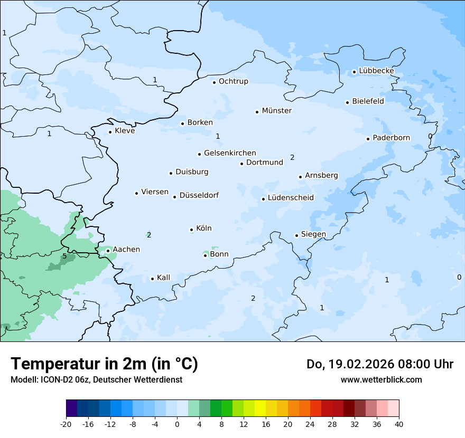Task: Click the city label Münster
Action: point(277,111)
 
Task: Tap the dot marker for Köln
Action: point(192,230)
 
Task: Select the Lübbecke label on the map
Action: point(376,71)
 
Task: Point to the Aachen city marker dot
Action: point(108,251)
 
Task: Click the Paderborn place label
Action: point(391,138)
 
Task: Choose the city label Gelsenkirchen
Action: point(230,153)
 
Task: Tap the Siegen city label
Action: point(313,234)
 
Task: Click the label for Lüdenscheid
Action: point(291,198)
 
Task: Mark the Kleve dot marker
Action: point(110,132)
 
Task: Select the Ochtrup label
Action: point(233,81)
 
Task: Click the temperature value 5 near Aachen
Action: point(64,256)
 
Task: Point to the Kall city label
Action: point(163,278)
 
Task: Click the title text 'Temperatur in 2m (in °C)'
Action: point(104,364)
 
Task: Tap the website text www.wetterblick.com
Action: point(381,379)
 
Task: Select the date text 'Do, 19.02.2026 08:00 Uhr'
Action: point(379,364)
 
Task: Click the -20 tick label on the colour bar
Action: point(66,424)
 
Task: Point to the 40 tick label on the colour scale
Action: point(399,424)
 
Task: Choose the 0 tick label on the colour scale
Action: point(177,424)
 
